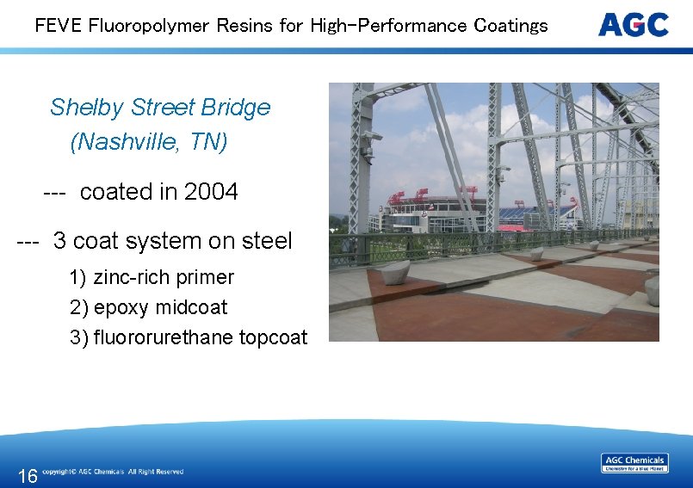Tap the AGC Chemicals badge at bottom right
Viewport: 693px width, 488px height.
[x=634, y=463]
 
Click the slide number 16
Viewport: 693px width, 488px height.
[x=28, y=476]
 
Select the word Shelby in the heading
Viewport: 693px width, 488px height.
[x=87, y=108]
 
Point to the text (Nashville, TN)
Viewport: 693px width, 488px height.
[x=149, y=141]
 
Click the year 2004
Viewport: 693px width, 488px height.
[x=211, y=192]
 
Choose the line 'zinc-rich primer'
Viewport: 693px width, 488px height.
[x=164, y=277]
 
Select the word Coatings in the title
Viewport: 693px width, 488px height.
[x=510, y=25]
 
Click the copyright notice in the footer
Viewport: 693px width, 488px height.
[x=112, y=472]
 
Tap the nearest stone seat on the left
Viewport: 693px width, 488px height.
[x=395, y=273]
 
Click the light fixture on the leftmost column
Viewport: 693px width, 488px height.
[x=372, y=135]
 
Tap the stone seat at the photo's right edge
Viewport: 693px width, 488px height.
[x=653, y=290]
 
